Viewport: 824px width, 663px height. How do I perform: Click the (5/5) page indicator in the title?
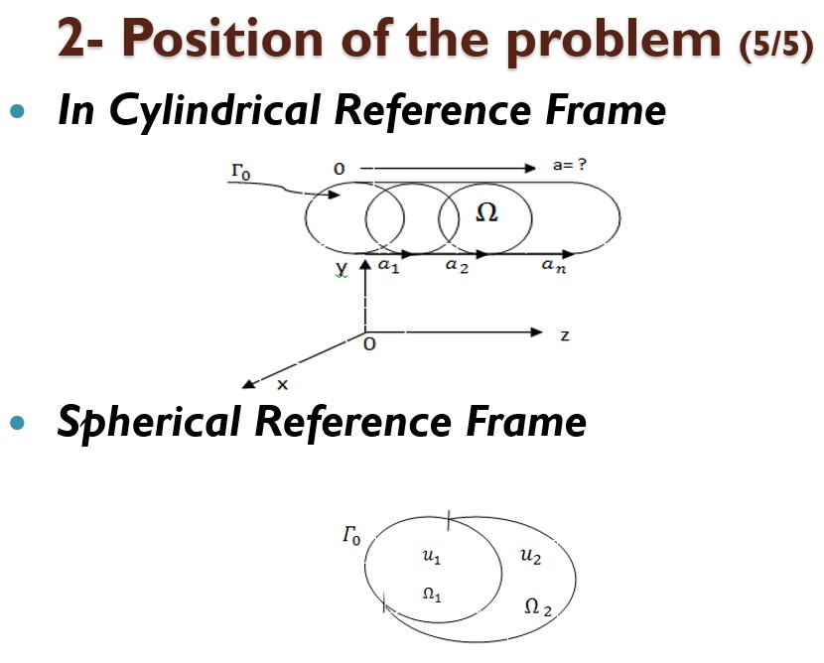click(776, 46)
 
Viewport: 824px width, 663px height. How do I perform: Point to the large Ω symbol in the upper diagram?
click(486, 212)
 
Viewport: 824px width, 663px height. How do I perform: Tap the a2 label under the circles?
click(457, 267)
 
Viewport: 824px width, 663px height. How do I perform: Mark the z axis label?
click(565, 336)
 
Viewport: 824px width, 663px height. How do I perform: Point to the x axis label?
click(282, 384)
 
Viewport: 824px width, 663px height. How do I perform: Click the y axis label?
click(342, 269)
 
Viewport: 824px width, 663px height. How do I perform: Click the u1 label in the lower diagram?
click(432, 558)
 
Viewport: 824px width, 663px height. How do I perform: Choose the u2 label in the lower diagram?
click(530, 558)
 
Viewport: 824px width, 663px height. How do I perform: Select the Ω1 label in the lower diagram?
click(432, 595)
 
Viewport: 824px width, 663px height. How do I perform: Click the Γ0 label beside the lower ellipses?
click(351, 536)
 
